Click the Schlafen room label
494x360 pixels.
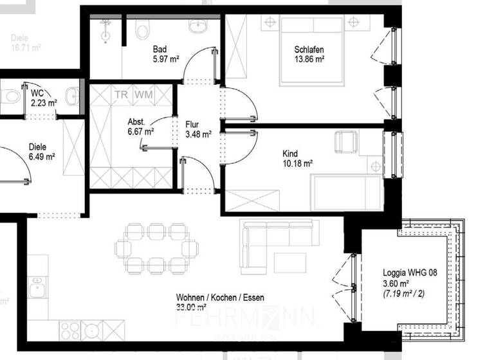point(309,50)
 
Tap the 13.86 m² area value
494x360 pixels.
point(309,59)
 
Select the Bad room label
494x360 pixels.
point(160,50)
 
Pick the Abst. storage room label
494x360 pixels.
point(136,122)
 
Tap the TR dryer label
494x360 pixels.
point(121,94)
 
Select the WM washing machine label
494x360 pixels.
point(143,94)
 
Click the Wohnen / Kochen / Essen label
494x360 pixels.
point(220,298)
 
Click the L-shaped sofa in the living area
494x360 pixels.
point(257,243)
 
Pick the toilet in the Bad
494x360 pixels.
point(143,29)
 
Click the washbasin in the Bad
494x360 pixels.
point(197,27)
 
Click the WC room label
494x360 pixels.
point(37,93)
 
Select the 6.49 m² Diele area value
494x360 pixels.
point(41,156)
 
